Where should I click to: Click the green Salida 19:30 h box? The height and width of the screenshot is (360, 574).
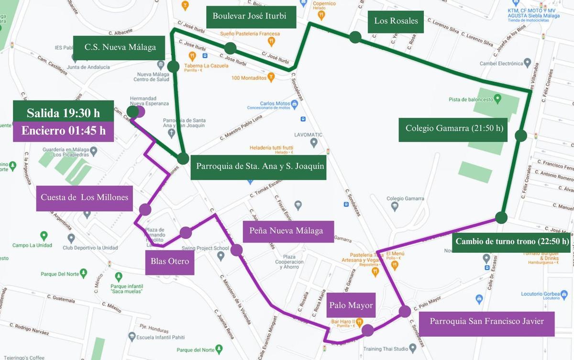click(63, 112)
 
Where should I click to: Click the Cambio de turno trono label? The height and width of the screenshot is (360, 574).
click(512, 241)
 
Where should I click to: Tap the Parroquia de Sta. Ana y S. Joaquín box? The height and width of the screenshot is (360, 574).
click(258, 167)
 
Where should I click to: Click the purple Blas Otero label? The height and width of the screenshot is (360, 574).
click(170, 262)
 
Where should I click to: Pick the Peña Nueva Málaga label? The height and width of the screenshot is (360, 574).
click(286, 231)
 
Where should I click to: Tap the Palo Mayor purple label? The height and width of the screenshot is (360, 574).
click(351, 305)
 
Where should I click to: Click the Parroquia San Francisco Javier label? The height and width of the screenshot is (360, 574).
click(486, 322)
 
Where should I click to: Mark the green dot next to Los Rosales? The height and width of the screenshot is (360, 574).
click(355, 37)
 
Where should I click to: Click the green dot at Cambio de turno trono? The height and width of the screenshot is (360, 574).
click(501, 218)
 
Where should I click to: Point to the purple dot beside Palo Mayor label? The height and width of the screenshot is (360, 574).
click(367, 330)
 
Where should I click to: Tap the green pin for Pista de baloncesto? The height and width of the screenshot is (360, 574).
click(497, 99)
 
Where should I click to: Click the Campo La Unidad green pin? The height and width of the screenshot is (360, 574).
click(44, 236)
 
